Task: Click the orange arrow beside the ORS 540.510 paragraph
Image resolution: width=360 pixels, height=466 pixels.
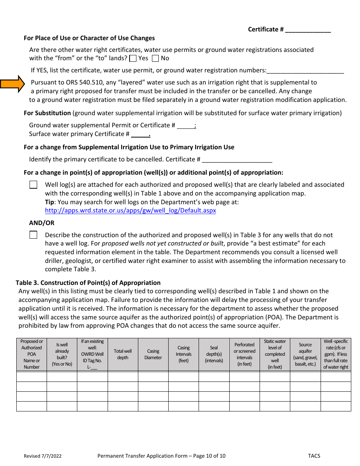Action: pyautogui.click(x=12, y=84)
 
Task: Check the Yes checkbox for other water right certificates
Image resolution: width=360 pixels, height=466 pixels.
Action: pyautogui.click(x=133, y=58)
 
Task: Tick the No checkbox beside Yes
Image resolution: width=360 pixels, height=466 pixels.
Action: pyautogui.click(x=155, y=58)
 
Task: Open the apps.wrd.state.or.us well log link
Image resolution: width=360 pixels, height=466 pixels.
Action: pyautogui.click(x=130, y=211)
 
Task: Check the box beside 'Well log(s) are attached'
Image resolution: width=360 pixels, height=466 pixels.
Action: pyautogui.click(x=33, y=185)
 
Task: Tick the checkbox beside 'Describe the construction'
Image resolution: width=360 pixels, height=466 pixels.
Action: pyautogui.click(x=33, y=235)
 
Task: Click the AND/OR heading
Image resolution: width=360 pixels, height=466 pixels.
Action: pyautogui.click(x=42, y=223)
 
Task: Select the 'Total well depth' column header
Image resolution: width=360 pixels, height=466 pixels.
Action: pyautogui.click(x=123, y=354)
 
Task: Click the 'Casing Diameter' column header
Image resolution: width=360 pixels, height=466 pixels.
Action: pyautogui.click(x=153, y=354)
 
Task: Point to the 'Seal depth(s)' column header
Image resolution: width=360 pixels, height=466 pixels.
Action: pyautogui.click(x=214, y=354)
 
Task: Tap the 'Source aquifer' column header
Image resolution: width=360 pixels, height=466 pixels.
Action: pyautogui.click(x=305, y=354)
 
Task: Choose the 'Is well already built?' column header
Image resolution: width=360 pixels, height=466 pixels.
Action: pyautogui.click(x=62, y=354)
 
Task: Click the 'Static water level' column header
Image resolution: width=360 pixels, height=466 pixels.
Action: pyautogui.click(x=275, y=354)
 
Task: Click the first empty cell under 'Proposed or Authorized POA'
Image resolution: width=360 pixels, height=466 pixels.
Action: pyautogui.click(x=31, y=377)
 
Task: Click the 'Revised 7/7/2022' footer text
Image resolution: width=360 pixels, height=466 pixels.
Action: pyautogui.click(x=42, y=456)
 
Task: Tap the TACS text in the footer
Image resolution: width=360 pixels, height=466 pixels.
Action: pyautogui.click(x=314, y=456)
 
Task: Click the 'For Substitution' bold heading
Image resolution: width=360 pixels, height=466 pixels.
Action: pyautogui.click(x=47, y=113)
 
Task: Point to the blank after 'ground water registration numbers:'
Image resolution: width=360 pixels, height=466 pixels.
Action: pyautogui.click(x=305, y=71)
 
